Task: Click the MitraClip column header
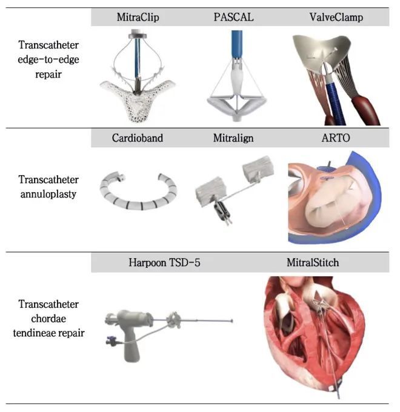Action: tap(138, 18)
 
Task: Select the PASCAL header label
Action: tap(233, 18)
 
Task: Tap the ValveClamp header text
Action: tap(336, 18)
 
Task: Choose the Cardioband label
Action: tap(138, 138)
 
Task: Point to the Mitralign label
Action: tap(233, 138)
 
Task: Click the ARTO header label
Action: tap(336, 138)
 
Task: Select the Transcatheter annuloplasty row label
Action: tap(48, 187)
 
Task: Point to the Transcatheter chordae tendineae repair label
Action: tap(48, 318)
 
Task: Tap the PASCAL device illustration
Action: tap(233, 85)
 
